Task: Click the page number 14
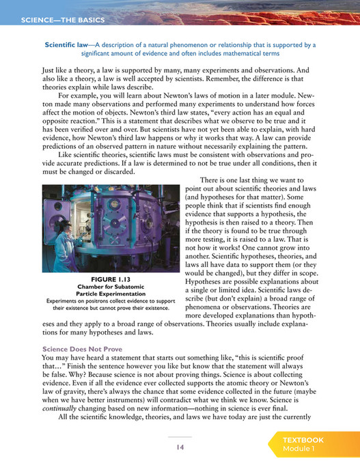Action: pyautogui.click(x=180, y=447)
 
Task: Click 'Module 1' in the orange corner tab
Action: pyautogui.click(x=299, y=449)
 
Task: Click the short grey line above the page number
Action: pyautogui.click(x=180, y=436)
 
